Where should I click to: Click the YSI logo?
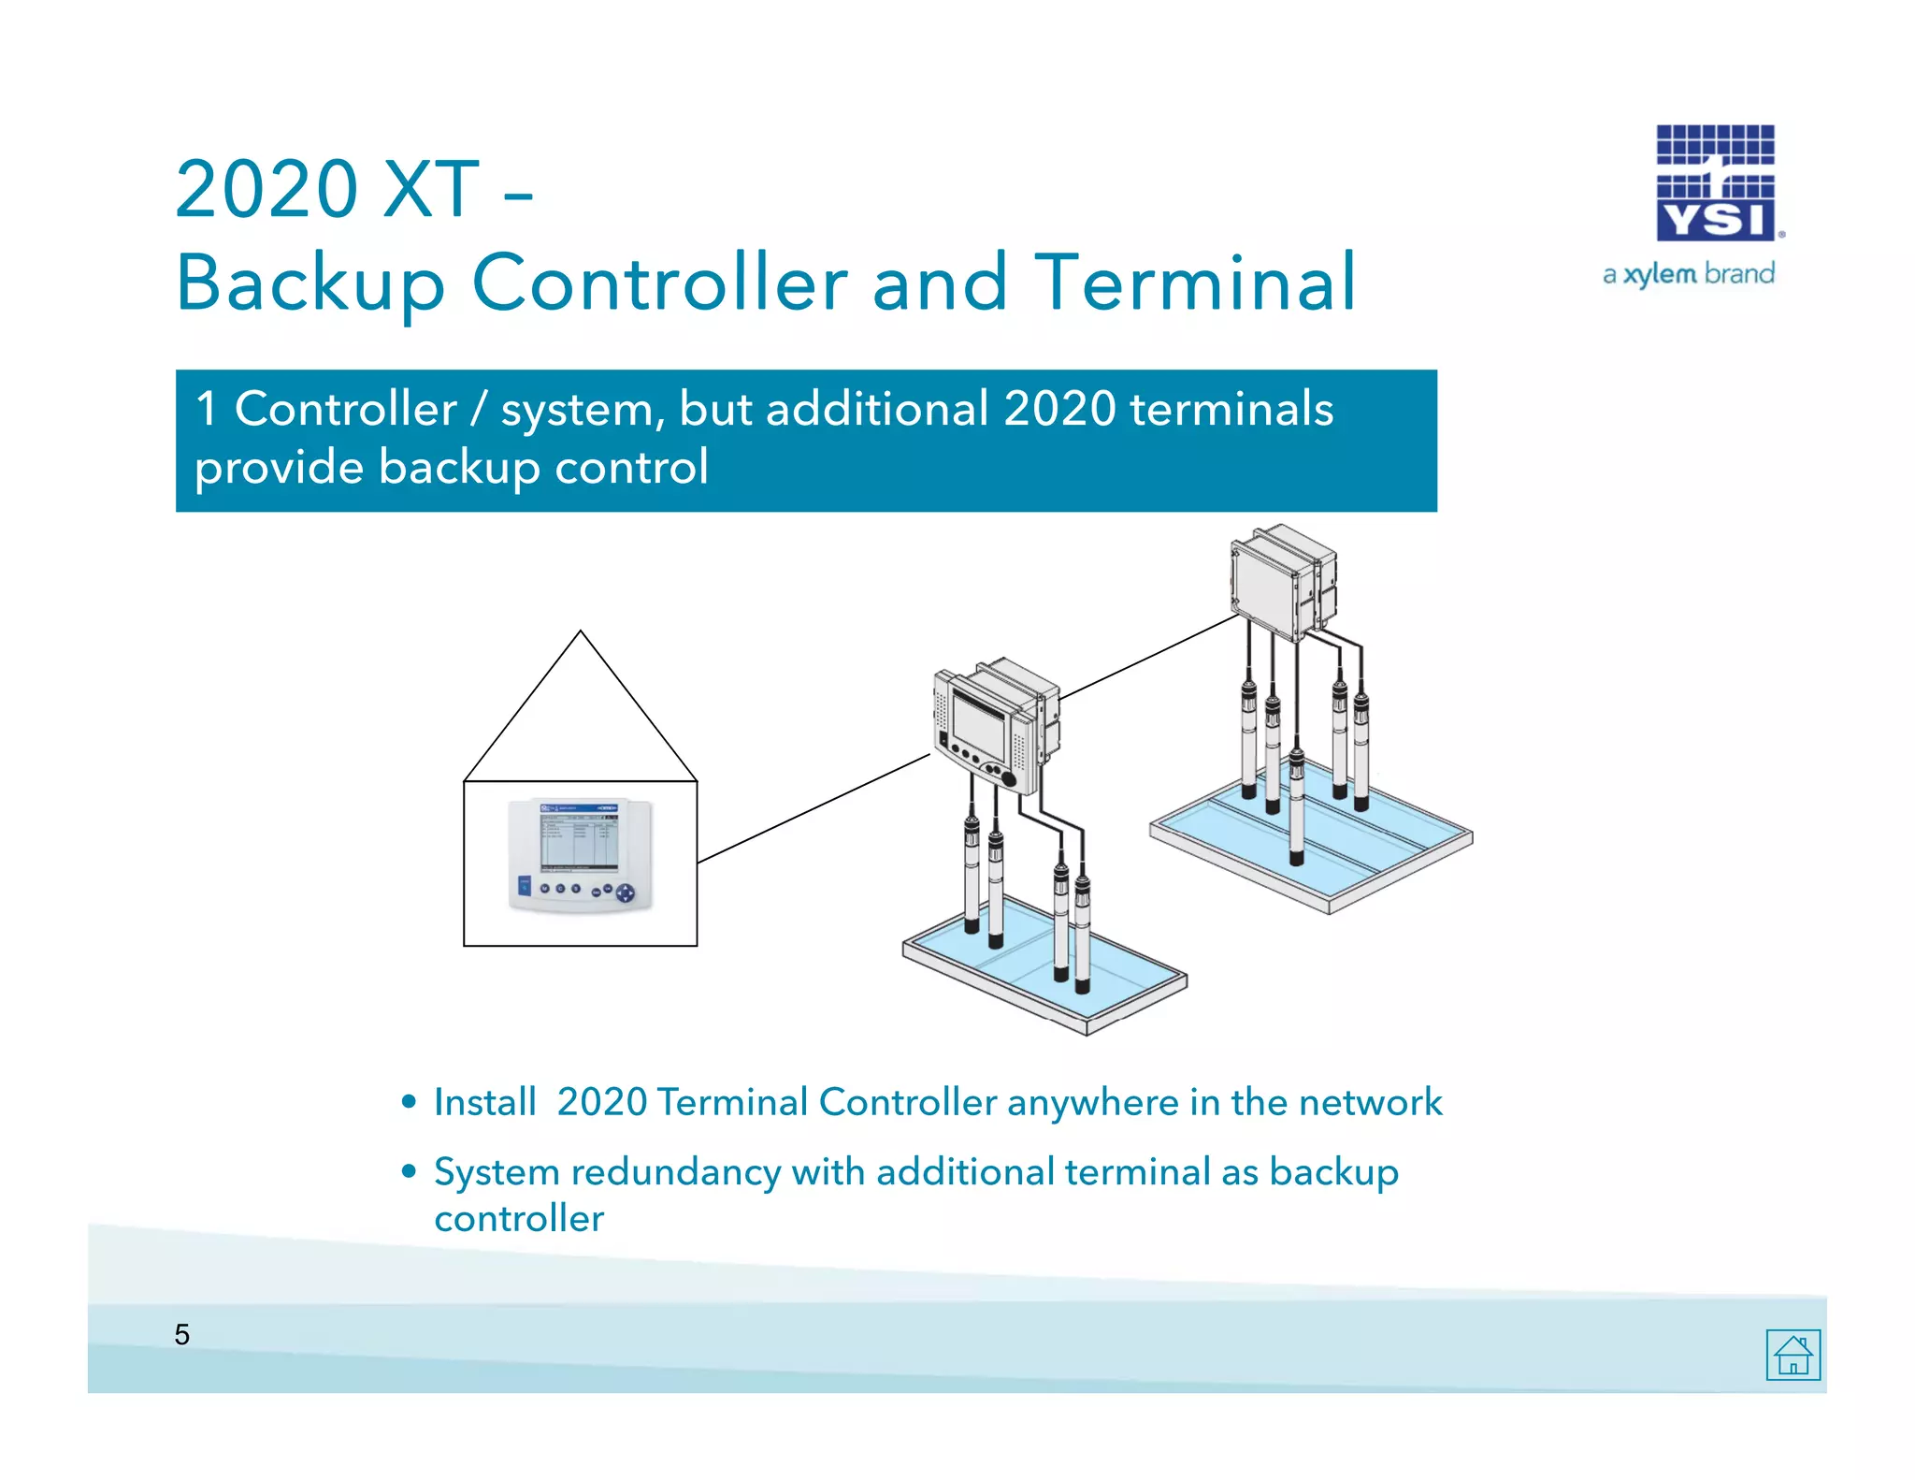(1716, 183)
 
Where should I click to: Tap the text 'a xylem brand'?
(1688, 274)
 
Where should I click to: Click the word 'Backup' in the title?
(310, 283)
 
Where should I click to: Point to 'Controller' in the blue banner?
(345, 409)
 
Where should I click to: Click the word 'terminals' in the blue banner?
(1231, 409)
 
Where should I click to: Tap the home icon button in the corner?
(1793, 1354)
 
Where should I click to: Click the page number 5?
(181, 1334)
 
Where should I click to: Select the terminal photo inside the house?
(580, 855)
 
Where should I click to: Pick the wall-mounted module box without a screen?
(1281, 580)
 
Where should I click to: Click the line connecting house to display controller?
(814, 808)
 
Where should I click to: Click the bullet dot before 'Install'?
(409, 1102)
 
